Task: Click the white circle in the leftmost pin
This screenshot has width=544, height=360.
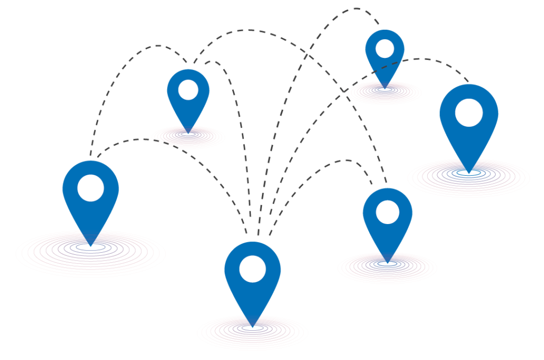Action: pos(90,188)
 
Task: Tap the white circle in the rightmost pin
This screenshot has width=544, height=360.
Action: pos(469,113)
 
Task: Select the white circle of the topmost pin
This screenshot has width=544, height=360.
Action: pos(385,49)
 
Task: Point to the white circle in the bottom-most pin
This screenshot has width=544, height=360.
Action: pos(252,269)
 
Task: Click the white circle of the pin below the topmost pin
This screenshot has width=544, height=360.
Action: pos(387,212)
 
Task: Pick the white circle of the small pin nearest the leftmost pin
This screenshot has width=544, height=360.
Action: pos(188,90)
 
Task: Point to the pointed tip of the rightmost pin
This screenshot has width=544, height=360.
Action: pos(469,172)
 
